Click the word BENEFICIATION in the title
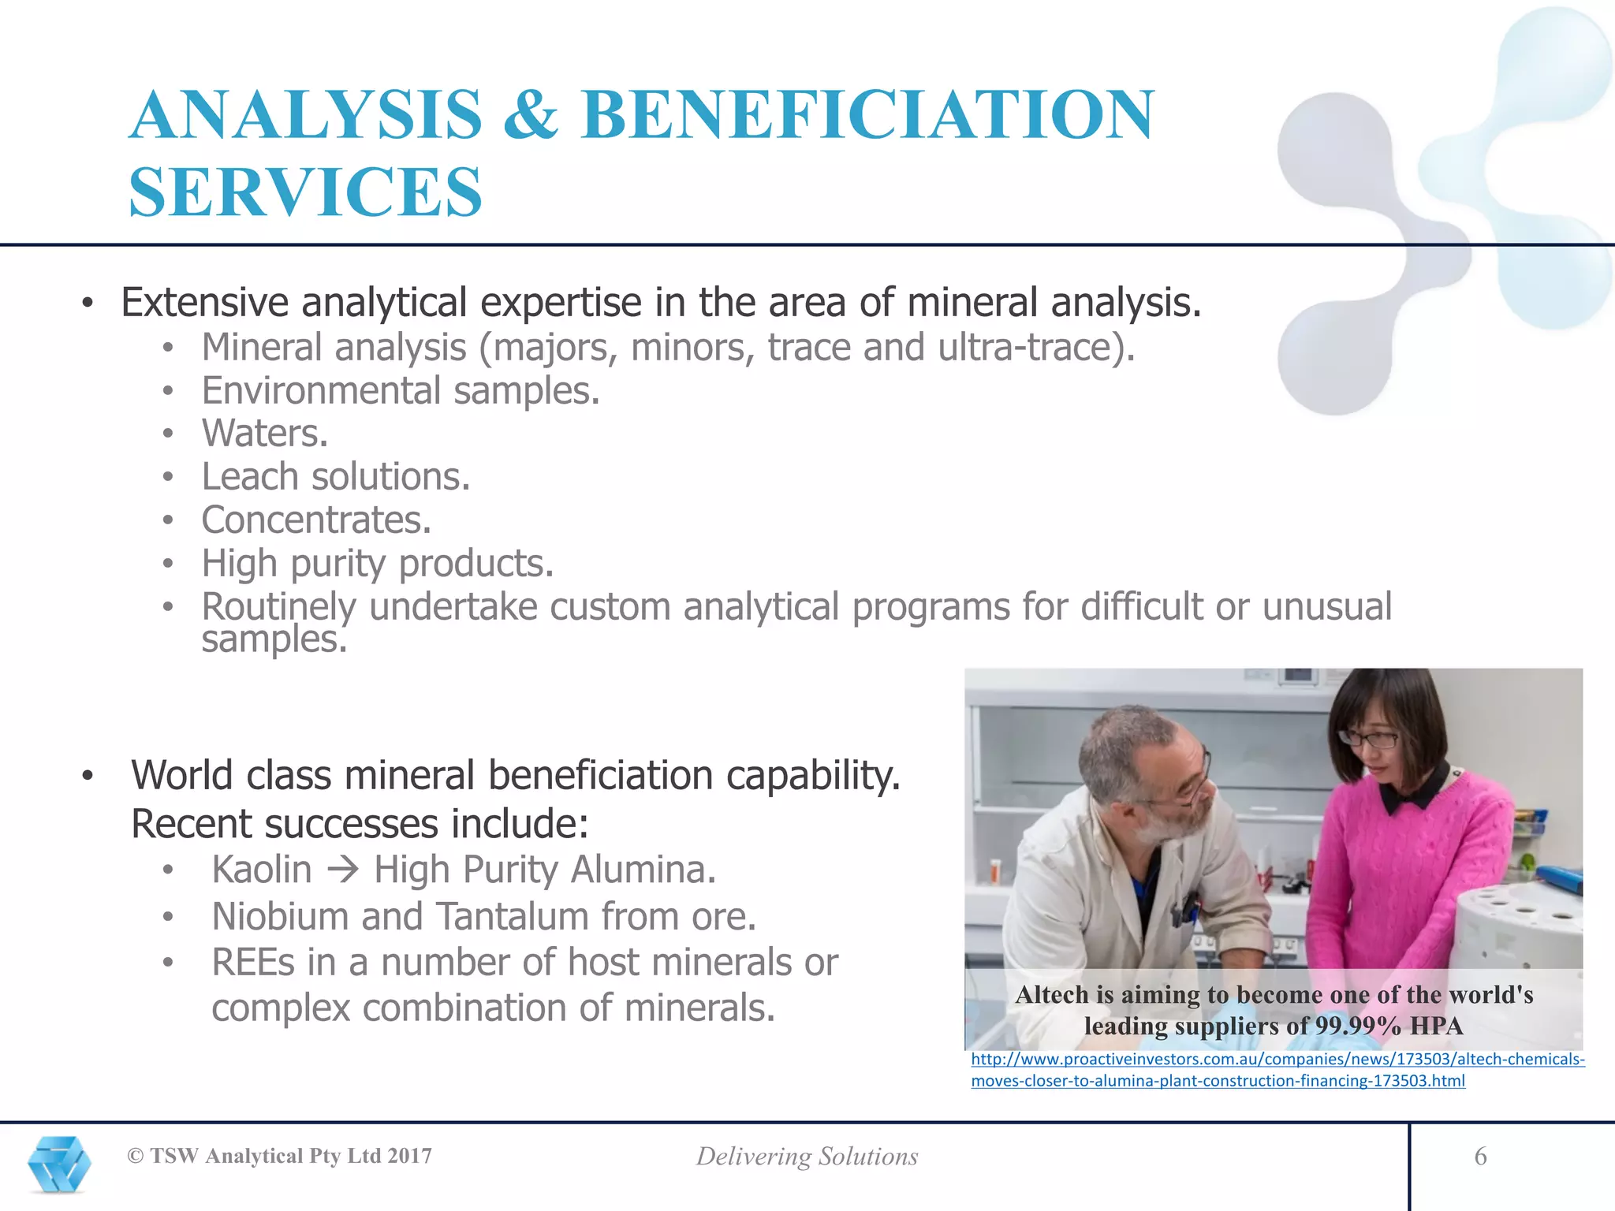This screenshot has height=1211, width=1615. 867,115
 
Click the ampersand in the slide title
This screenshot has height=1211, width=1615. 531,115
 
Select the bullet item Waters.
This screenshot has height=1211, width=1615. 264,433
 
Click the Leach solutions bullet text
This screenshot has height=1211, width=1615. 335,476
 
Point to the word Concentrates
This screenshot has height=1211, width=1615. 316,520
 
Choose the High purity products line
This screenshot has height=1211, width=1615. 377,563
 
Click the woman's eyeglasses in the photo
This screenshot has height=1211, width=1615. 1370,739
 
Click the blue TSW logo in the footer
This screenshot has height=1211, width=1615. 59,1163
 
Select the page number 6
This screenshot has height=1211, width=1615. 1480,1157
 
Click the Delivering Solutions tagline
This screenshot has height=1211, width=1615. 807,1157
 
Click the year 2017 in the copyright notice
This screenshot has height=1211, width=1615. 409,1156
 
